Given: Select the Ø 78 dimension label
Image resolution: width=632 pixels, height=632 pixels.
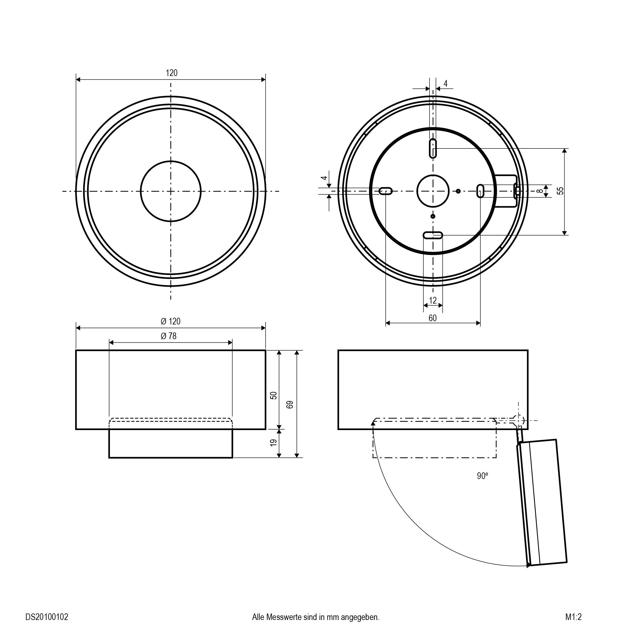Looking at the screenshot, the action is click(168, 336).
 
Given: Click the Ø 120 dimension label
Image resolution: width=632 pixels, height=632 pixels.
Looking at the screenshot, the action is click(170, 321).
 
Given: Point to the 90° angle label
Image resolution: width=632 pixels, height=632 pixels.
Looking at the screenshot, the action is click(482, 476).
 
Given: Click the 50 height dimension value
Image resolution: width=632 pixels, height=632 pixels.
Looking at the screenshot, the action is click(274, 395).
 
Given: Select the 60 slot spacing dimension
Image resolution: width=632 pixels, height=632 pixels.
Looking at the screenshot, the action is click(432, 318).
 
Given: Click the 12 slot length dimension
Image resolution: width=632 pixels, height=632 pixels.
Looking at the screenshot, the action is click(432, 300).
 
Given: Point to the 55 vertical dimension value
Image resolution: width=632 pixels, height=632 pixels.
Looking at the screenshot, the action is click(560, 191).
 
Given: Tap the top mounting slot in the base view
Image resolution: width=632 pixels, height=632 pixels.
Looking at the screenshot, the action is click(433, 148).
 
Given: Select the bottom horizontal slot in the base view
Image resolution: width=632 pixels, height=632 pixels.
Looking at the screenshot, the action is click(433, 235).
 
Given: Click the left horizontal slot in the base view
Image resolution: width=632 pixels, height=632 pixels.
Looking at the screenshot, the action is click(386, 191).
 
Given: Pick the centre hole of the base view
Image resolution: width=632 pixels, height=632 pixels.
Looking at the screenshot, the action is click(433, 191).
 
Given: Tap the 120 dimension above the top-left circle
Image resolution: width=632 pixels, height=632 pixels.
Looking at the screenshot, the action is click(172, 73).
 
